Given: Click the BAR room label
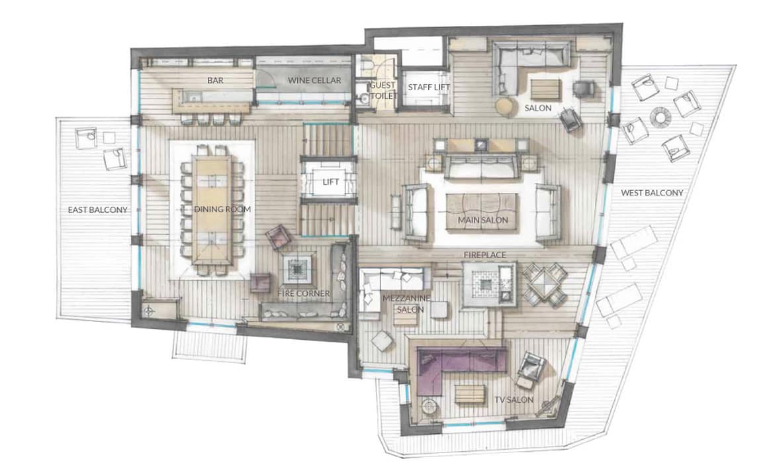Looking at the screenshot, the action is tap(215, 80).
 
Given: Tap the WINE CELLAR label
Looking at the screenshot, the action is tap(314, 80).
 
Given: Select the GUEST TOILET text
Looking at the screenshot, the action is tap(383, 90).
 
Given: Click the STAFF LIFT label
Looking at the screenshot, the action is tap(429, 87).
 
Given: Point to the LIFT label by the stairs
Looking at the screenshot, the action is tap(330, 182).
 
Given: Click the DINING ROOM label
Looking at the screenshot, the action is tap(222, 209).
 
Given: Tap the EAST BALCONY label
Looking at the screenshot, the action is tap(97, 210).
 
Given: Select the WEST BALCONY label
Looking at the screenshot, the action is tap(652, 193).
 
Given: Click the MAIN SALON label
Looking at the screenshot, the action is tap(482, 220).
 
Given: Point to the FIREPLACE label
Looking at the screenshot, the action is tap(484, 255).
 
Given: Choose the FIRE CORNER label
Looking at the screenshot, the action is tap(304, 293).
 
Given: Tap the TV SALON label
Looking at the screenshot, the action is tap(514, 400).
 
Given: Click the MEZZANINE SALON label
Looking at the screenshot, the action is tap(406, 304).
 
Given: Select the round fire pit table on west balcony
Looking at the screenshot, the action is tap(660, 117).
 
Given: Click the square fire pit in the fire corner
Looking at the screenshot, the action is tap(297, 269).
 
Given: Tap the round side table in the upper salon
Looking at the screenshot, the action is tap(504, 106).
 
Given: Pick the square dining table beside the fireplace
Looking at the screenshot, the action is tap(545, 284).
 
